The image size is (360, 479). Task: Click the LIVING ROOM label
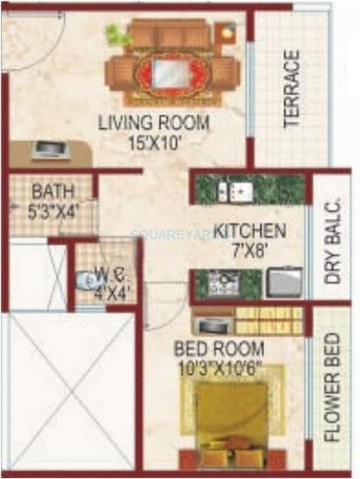(155, 123)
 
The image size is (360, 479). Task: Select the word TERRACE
(292, 88)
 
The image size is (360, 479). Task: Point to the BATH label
(48, 193)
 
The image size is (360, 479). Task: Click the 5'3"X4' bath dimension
(51, 210)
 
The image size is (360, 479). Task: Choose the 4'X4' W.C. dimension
(112, 293)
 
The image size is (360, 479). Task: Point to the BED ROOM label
(222, 349)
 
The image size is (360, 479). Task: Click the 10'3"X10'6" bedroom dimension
(222, 367)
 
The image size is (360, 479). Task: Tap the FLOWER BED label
(334, 392)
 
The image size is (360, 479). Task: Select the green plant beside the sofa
(117, 35)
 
